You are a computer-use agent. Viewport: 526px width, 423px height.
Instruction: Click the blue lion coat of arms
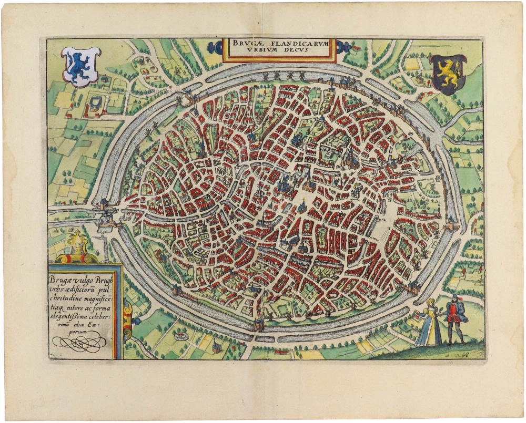click(80, 66)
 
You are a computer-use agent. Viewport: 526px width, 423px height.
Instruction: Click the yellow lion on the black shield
click(448, 74)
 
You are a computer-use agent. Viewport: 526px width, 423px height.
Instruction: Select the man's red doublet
click(453, 313)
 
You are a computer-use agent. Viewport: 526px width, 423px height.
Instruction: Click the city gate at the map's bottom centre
click(258, 325)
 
